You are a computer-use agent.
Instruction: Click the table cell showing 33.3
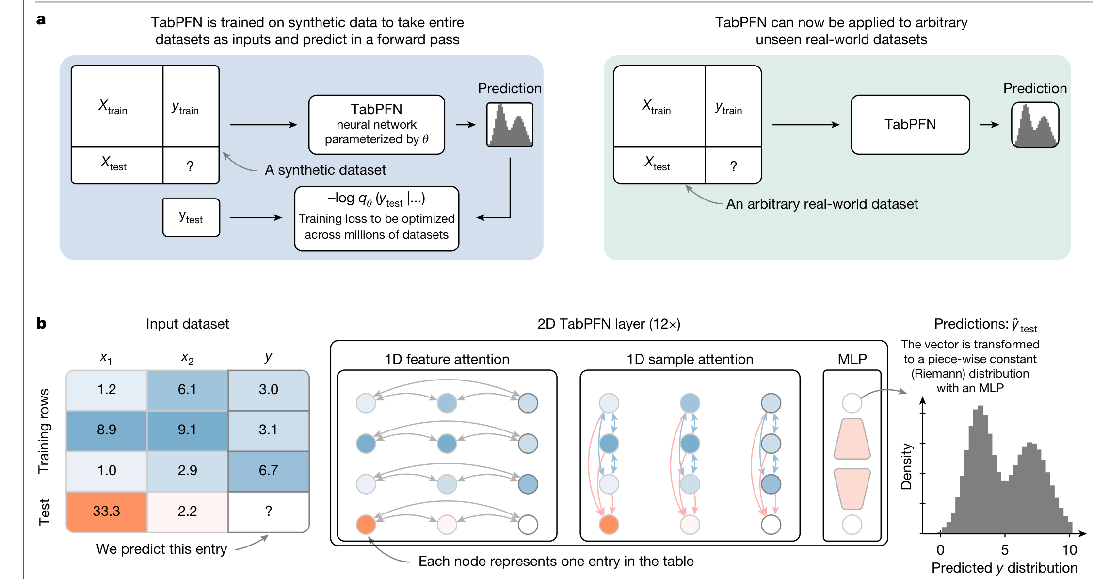click(106, 512)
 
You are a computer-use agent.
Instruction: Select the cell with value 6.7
click(268, 471)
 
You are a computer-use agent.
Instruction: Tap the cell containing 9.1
click(187, 430)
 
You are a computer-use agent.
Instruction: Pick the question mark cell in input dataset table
click(268, 512)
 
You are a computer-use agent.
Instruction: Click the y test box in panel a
click(191, 217)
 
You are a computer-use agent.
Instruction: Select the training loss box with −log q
click(376, 218)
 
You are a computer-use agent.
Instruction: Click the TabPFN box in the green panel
click(910, 125)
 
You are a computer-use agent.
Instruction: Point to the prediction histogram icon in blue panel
click(510, 125)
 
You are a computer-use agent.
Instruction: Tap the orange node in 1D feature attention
click(366, 525)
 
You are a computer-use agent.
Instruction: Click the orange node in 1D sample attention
click(609, 525)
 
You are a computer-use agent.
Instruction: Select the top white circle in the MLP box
click(852, 403)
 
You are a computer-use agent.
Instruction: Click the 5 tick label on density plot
click(1005, 550)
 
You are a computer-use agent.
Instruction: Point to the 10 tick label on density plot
click(1069, 550)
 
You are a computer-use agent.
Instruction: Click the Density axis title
click(906, 466)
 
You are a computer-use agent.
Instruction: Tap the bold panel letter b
click(41, 323)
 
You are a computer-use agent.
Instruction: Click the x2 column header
click(187, 359)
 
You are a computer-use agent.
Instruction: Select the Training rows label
click(44, 430)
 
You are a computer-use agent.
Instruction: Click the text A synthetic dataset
click(325, 170)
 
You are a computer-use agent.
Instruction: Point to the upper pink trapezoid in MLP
click(852, 439)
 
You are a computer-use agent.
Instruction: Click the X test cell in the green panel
click(657, 164)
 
